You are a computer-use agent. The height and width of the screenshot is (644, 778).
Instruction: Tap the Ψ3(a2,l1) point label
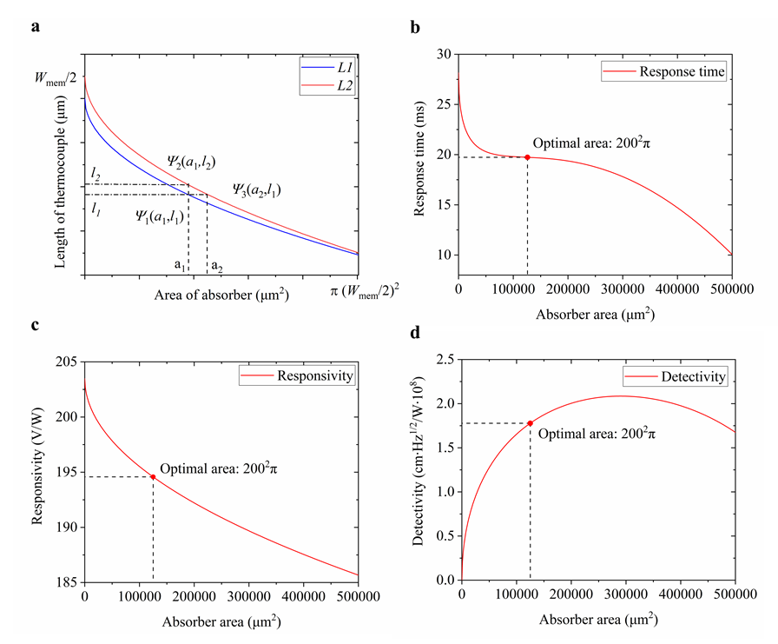point(255,189)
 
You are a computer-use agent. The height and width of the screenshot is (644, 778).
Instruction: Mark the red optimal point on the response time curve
point(527,156)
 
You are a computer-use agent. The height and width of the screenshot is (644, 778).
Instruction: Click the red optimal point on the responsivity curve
point(153,476)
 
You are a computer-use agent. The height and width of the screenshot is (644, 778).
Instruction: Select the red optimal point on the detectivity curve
point(530,423)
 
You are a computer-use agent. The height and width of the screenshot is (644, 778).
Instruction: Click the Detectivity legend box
point(673,377)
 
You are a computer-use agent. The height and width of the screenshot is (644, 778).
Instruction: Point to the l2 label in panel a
point(95,176)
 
